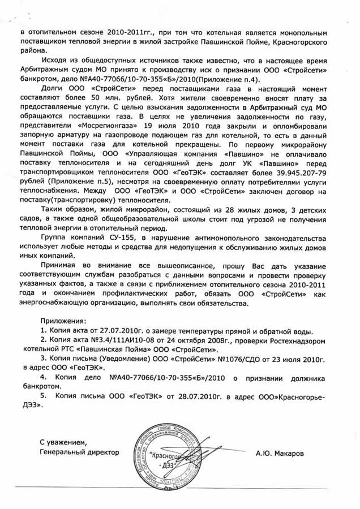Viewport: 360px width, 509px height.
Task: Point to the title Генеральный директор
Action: (80, 453)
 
